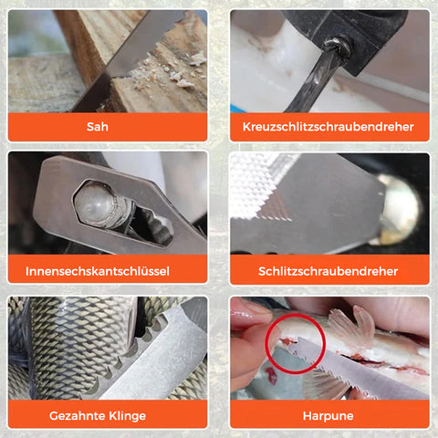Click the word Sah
click(98, 127)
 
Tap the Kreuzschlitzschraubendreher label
click(328, 127)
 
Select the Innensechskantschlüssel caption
click(98, 271)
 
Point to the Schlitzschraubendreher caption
click(328, 271)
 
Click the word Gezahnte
click(76, 415)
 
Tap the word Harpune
click(328, 416)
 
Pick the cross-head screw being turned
click(338, 47)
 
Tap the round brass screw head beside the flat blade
click(400, 210)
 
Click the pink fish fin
click(353, 327)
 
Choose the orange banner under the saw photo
click(108, 127)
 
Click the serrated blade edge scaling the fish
click(128, 356)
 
